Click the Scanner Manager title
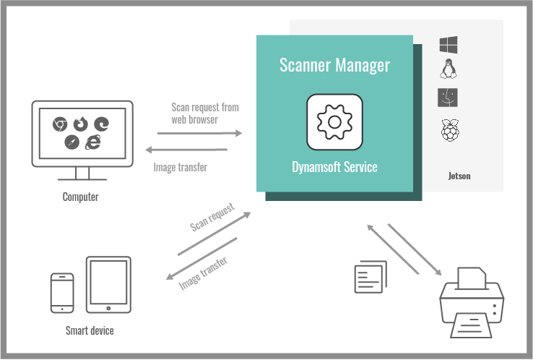click(334, 66)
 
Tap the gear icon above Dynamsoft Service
click(334, 121)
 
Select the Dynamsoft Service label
click(334, 167)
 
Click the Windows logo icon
click(449, 44)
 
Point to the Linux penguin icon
click(449, 69)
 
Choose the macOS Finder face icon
click(449, 98)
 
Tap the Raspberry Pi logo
click(449, 131)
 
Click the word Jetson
click(459, 176)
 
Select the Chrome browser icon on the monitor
click(60, 124)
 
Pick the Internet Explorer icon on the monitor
click(92, 142)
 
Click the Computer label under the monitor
click(80, 197)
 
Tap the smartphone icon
click(62, 292)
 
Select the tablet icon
click(108, 284)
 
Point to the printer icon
click(470, 301)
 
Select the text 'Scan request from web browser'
click(204, 113)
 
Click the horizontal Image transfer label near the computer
click(180, 168)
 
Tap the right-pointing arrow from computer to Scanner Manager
click(199, 134)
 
